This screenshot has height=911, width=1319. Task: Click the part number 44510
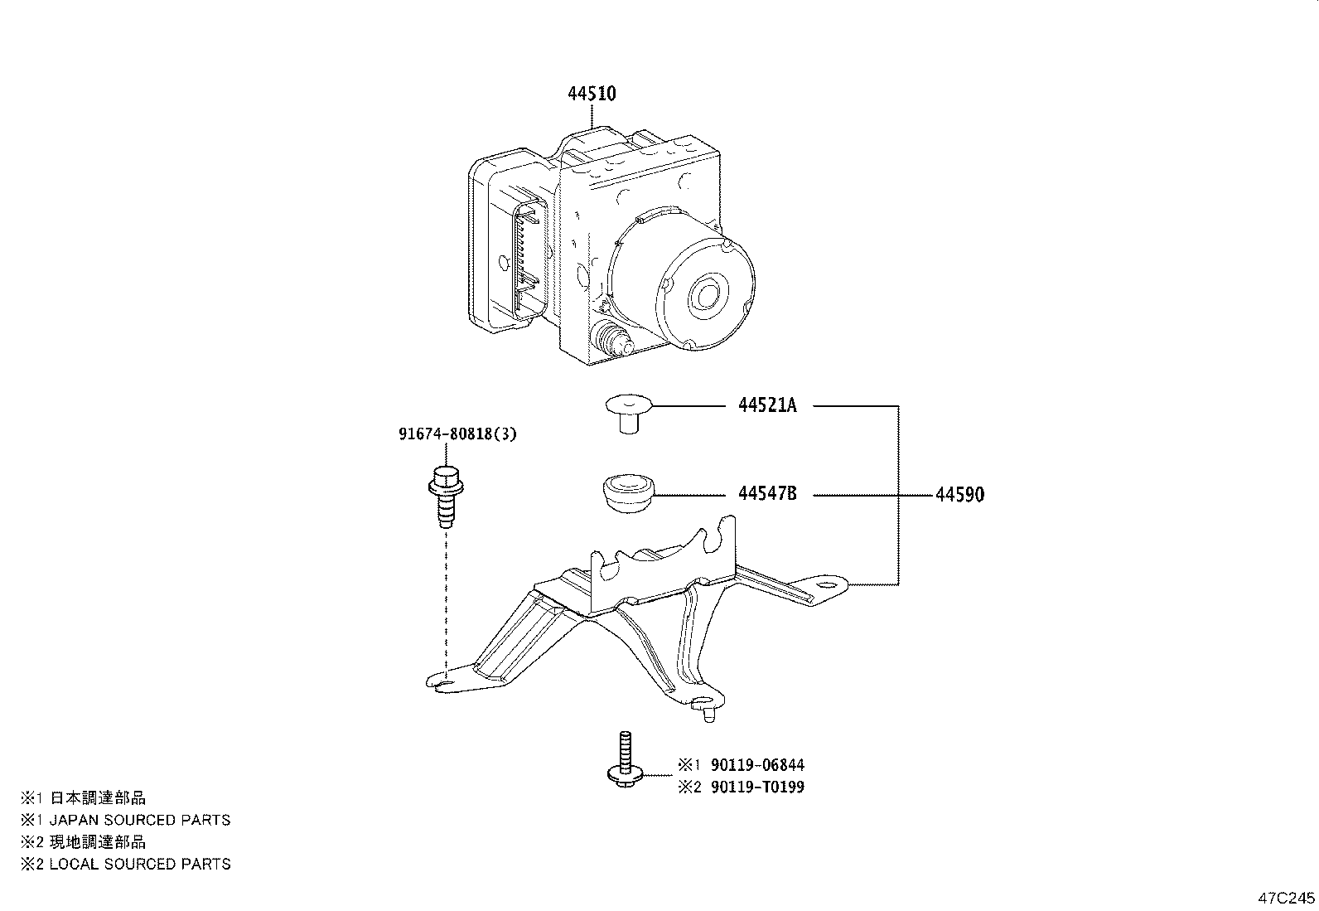(592, 94)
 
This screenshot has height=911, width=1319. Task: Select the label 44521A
(767, 405)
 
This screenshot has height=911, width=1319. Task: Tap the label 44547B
(767, 494)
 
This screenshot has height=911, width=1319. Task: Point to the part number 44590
(959, 495)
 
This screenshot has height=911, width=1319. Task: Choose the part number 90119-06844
(755, 765)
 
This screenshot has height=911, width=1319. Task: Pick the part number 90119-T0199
(755, 787)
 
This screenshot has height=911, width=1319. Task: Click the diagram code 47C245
(1287, 898)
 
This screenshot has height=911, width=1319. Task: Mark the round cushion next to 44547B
(626, 493)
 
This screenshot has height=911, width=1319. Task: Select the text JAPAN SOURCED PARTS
(139, 820)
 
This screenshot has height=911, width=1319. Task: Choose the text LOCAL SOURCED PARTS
(139, 864)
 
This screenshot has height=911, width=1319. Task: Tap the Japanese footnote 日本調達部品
(98, 798)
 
